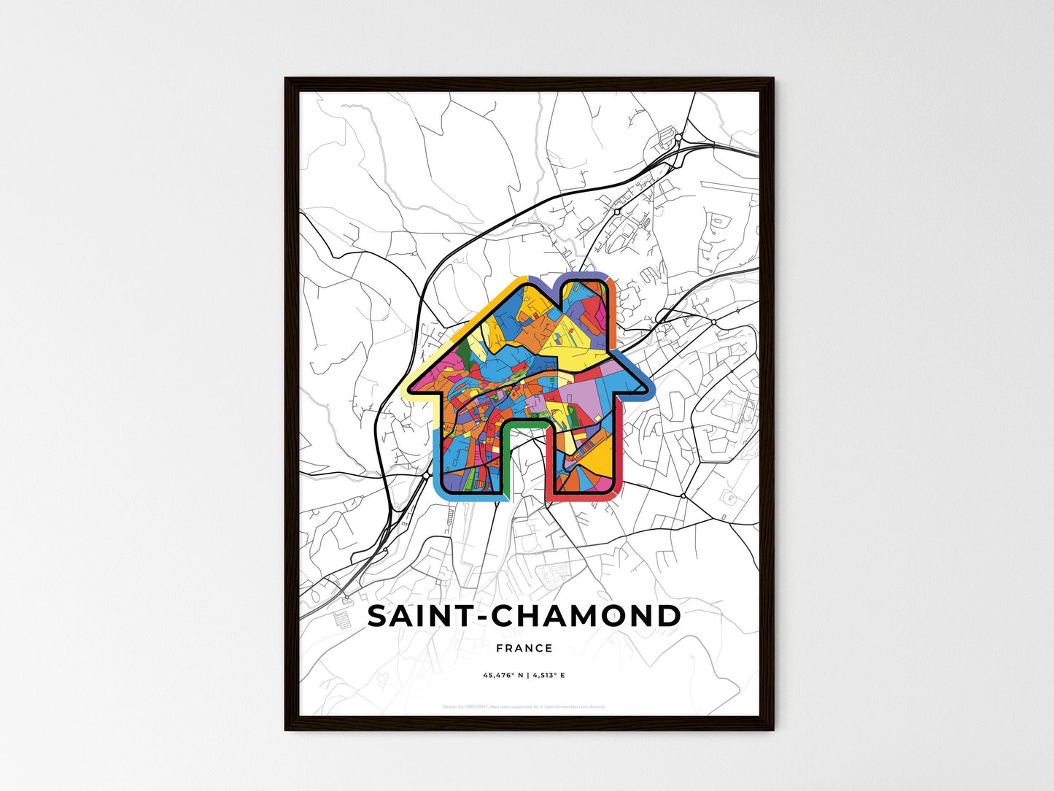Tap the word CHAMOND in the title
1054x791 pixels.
pyautogui.click(x=586, y=617)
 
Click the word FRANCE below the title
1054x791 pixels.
pyautogui.click(x=524, y=648)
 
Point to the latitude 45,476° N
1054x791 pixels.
pyautogui.click(x=503, y=676)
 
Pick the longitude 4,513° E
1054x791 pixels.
pyautogui.click(x=549, y=676)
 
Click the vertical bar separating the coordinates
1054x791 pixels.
pyautogui.click(x=527, y=676)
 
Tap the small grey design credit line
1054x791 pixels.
pyautogui.click(x=524, y=706)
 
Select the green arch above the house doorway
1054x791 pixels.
pyautogui.click(x=526, y=422)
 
